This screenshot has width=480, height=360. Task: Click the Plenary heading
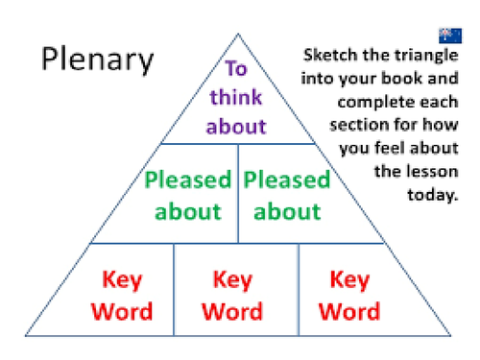(96, 60)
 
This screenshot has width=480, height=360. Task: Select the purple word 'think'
(236, 97)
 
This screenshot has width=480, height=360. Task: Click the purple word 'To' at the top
(236, 68)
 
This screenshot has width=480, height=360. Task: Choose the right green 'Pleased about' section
(286, 194)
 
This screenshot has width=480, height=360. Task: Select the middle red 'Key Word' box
(232, 295)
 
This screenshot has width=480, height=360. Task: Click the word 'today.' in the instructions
(436, 196)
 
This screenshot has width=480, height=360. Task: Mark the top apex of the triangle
(238, 35)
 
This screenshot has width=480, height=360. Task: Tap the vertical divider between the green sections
(237, 194)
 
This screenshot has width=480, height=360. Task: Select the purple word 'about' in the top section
(236, 126)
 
